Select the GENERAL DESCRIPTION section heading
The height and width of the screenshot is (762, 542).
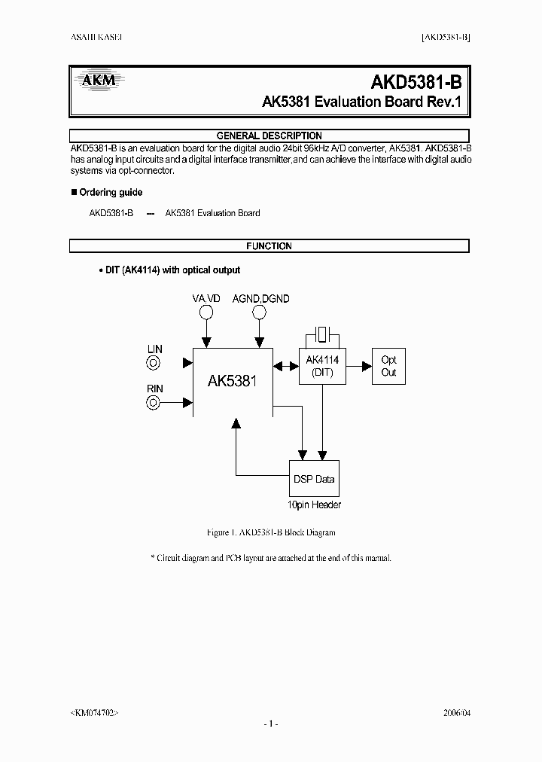tap(269, 136)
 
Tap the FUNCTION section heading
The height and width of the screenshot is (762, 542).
tap(269, 245)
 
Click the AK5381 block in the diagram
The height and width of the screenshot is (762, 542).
tap(233, 381)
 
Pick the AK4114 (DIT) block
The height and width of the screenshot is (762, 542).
tap(323, 367)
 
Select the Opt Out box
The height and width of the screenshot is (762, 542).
tap(388, 367)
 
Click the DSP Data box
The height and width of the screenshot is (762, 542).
tap(314, 479)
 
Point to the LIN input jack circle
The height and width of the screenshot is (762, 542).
tap(154, 363)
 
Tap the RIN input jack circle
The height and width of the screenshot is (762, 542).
tap(154, 402)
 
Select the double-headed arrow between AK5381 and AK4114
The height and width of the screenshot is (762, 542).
tap(286, 367)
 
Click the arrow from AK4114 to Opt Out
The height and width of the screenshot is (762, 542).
tap(359, 367)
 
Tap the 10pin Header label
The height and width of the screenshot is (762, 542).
tap(314, 505)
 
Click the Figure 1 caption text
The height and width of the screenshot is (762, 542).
tap(270, 532)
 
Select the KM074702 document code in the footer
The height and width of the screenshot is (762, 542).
tap(93, 712)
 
